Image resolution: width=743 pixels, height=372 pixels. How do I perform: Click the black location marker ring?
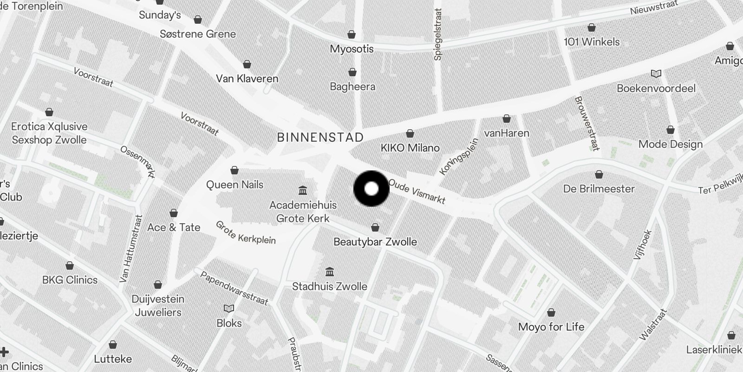(371, 189)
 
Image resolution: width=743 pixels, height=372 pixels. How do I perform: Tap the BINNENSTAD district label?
(320, 138)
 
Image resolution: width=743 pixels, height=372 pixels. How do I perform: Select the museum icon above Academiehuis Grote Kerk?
(303, 190)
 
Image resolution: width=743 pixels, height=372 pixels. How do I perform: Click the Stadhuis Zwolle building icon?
(330, 272)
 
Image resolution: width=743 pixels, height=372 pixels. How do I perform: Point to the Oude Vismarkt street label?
(417, 192)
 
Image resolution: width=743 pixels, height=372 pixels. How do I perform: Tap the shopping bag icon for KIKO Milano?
(410, 134)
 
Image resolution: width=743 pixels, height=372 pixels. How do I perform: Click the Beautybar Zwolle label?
(375, 242)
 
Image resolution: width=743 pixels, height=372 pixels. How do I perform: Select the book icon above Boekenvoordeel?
(656, 74)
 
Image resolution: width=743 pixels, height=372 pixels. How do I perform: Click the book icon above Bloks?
(229, 308)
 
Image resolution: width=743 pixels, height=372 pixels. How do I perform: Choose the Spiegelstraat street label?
(437, 34)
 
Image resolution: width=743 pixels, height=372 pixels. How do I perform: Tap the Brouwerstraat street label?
(586, 123)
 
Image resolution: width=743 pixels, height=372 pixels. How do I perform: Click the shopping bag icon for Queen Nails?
(235, 170)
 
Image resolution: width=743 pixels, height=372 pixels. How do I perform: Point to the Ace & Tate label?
(174, 227)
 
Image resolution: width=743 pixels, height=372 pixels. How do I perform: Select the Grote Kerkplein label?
(246, 232)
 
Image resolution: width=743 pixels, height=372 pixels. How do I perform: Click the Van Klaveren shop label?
(247, 79)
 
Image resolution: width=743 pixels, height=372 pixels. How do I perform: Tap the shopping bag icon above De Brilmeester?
(599, 174)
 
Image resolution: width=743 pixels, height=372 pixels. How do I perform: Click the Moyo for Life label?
(551, 327)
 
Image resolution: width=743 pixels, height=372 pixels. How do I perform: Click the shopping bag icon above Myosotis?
(352, 34)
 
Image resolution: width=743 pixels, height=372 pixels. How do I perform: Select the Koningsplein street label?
(458, 157)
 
